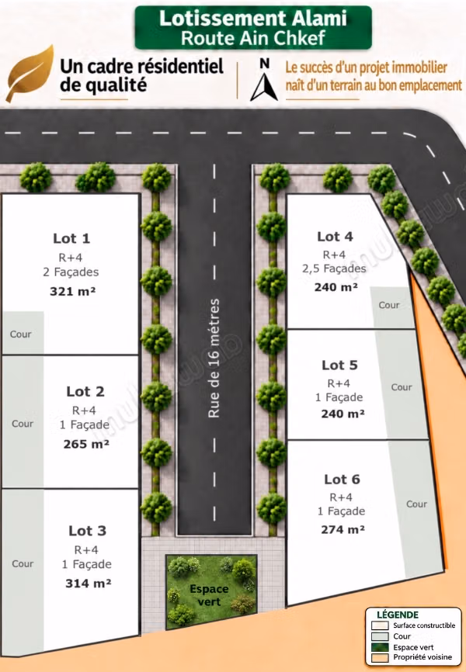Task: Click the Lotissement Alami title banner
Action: pyautogui.click(x=253, y=28)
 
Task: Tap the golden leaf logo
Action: pyautogui.click(x=30, y=73)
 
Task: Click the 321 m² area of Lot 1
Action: pyautogui.click(x=72, y=292)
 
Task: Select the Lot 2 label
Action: pyautogui.click(x=85, y=391)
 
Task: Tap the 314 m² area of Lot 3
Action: pyautogui.click(x=89, y=584)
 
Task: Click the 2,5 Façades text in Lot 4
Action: pyautogui.click(x=334, y=268)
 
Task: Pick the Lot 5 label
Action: pyautogui.click(x=339, y=365)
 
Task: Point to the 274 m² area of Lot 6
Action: pyautogui.click(x=343, y=530)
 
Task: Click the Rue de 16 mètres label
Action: pyautogui.click(x=214, y=359)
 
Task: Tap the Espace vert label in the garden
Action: pyautogui.click(x=209, y=595)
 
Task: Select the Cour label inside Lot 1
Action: pyautogui.click(x=21, y=334)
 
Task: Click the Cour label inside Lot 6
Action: pyautogui.click(x=416, y=504)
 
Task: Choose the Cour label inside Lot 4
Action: pyautogui.click(x=389, y=305)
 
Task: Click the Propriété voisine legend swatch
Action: pyautogui.click(x=380, y=657)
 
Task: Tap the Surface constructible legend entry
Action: pyautogui.click(x=413, y=625)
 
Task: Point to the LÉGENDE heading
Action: pyautogui.click(x=398, y=615)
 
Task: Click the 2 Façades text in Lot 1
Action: pyautogui.click(x=71, y=272)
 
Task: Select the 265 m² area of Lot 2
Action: pyautogui.click(x=86, y=444)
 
